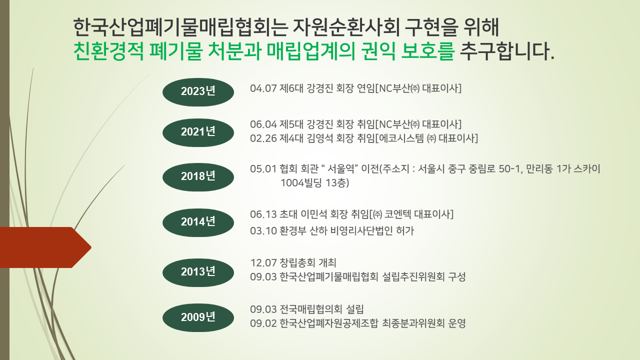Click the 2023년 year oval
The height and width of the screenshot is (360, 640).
(198, 92)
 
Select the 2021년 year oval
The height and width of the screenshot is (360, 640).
(198, 132)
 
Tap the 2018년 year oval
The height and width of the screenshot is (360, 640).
(198, 177)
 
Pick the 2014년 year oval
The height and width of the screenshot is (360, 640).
(198, 222)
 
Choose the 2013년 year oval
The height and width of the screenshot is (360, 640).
(198, 272)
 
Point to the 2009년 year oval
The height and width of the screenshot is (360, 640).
(198, 317)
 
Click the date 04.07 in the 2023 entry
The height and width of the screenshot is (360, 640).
(263, 88)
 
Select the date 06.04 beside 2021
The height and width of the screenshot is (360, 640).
(263, 124)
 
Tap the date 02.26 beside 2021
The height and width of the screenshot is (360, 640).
(263, 138)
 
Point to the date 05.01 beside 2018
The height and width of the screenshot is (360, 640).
(263, 169)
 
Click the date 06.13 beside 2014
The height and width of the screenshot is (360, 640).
(263, 214)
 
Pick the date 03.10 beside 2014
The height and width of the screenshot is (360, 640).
(263, 231)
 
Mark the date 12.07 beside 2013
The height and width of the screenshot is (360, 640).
(263, 263)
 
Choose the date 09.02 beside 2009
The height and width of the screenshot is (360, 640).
(263, 323)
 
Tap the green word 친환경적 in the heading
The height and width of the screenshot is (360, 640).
(108, 51)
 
